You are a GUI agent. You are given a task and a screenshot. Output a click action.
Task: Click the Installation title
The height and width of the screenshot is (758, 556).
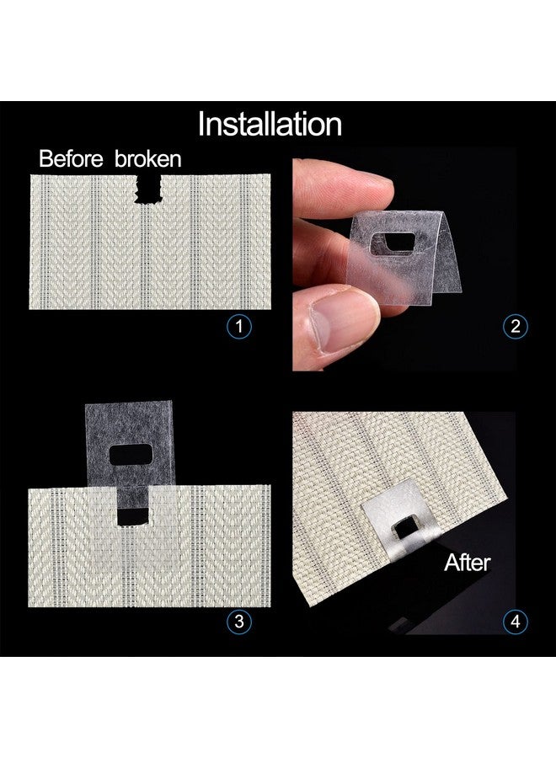(270, 124)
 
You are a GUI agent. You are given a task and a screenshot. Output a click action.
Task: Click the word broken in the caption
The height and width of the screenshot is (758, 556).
(144, 158)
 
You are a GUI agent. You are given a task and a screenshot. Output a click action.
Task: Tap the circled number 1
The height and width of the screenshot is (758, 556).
(241, 327)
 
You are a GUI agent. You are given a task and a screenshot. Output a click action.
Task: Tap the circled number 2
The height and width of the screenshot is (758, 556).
(515, 327)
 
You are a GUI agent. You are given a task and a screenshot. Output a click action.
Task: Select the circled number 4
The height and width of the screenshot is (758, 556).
(515, 622)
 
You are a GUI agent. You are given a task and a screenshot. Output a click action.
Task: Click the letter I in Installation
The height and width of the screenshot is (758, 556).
(201, 124)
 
